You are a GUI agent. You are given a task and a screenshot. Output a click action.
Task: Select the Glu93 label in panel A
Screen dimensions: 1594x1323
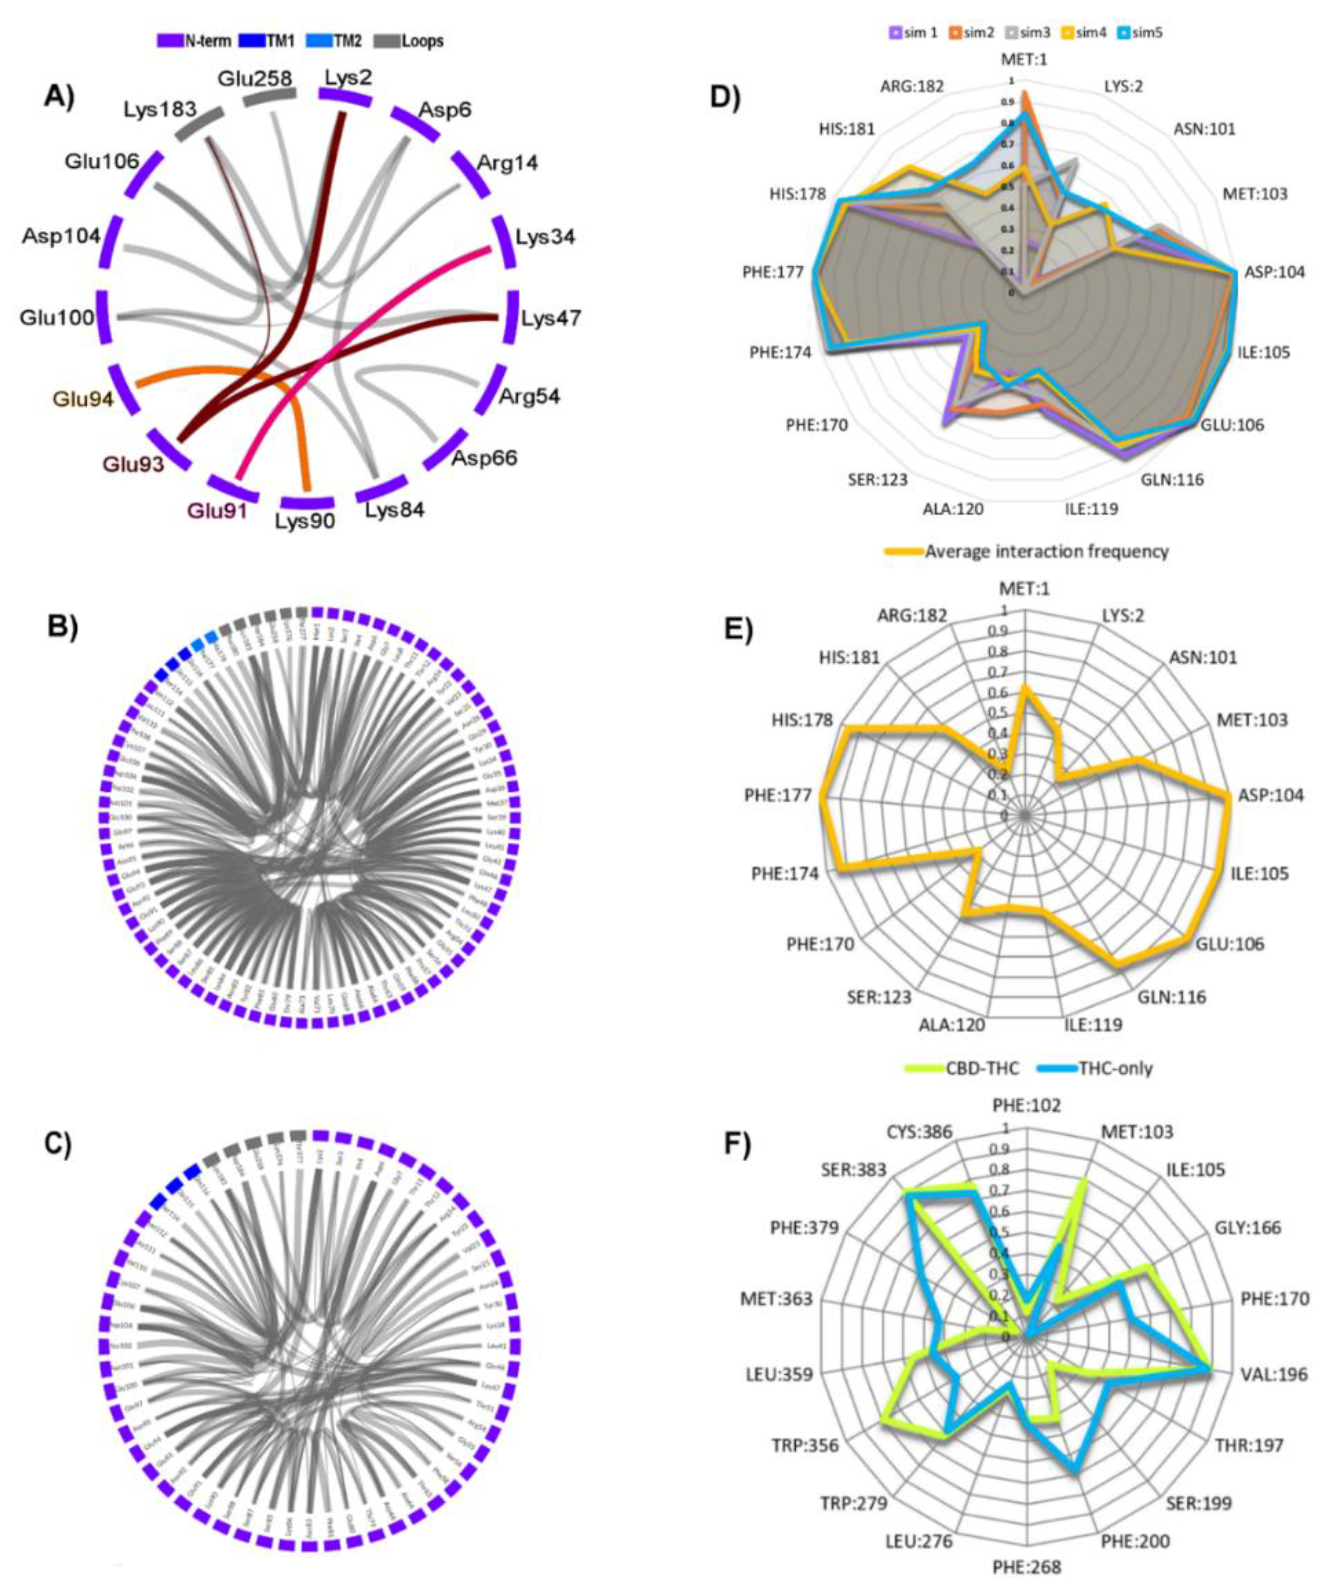133,464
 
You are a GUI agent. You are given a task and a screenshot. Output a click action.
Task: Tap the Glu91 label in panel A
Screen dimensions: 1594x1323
218,511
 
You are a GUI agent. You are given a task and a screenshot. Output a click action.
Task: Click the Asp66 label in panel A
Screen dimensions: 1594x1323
484,458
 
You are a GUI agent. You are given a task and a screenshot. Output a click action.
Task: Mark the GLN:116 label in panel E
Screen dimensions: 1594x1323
1170,997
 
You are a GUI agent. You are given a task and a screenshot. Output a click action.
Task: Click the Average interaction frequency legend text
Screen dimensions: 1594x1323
1046,551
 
